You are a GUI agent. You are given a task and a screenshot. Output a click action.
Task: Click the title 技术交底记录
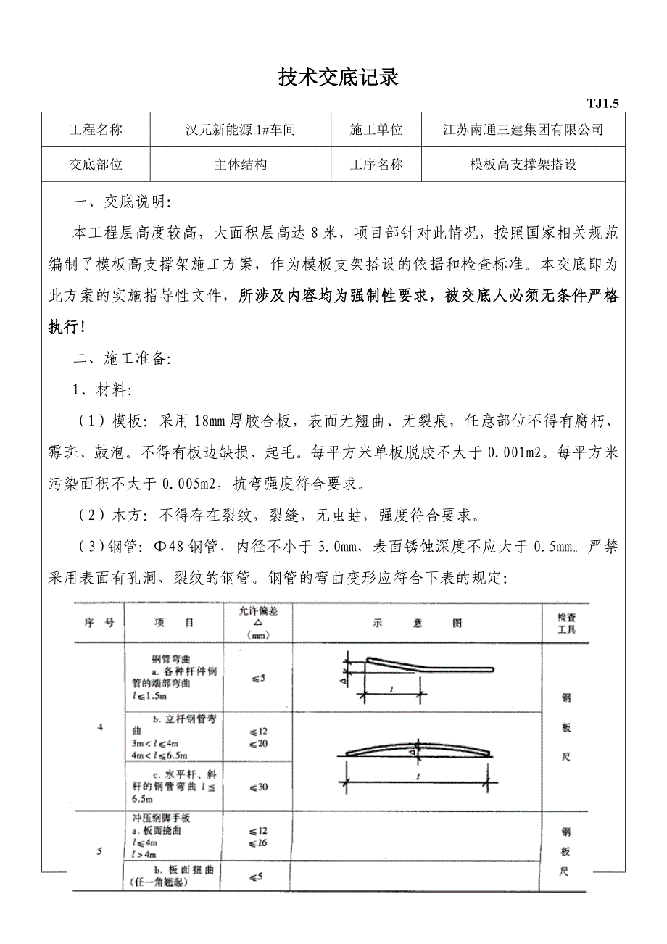pos(339,78)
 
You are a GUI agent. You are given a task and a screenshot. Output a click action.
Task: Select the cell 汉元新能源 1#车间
pos(240,131)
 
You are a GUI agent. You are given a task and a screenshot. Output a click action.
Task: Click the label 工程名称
pos(96,131)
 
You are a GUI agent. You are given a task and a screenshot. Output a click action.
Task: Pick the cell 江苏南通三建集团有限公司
pos(523,131)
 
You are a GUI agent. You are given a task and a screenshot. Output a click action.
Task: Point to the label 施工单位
pos(376,131)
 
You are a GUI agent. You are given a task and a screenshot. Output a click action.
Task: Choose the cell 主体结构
pos(240,165)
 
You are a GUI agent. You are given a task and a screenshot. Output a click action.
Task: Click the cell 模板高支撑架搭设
pos(523,165)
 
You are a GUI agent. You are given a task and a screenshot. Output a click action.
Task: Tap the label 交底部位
pos(96,165)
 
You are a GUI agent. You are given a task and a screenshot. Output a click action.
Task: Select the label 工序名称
pos(376,165)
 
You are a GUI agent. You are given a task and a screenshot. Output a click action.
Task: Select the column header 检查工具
pos(566,623)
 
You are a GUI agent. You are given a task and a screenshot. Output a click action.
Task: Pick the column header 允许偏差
pos(258,623)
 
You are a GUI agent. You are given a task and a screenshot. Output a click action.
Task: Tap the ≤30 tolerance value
pos(258,787)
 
